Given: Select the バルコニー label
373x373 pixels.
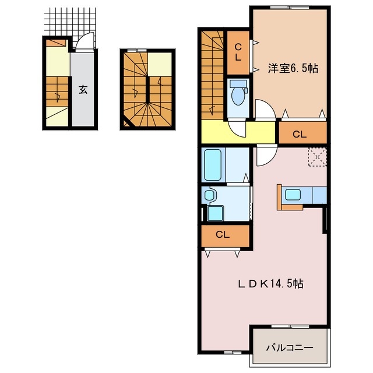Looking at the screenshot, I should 290,347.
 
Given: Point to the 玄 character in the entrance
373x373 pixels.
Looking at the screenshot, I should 83,90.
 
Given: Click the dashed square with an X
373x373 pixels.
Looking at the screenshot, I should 318,157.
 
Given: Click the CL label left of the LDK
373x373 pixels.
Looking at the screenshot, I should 222,235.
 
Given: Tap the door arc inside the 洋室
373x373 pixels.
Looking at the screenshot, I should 263,110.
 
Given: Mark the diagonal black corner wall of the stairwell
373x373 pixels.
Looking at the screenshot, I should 128,122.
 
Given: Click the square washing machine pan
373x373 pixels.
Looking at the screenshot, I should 214,213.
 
